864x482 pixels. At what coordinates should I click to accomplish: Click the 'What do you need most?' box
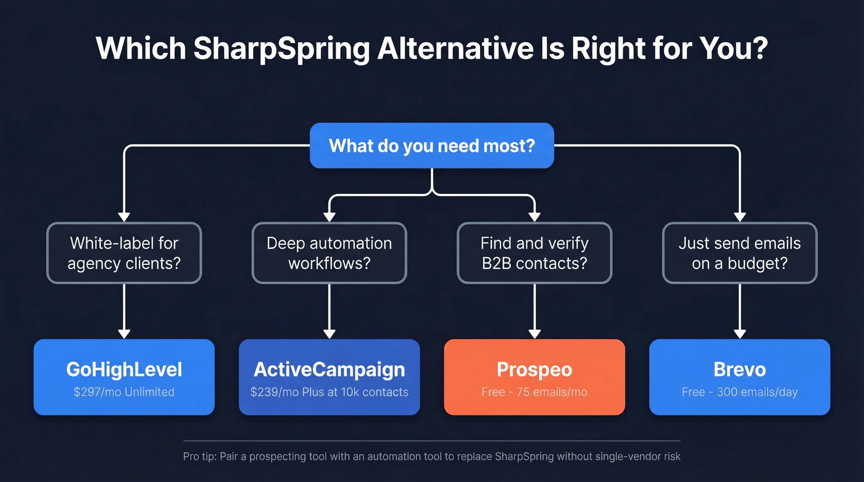(x=431, y=146)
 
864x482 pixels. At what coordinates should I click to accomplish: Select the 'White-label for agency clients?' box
(x=124, y=253)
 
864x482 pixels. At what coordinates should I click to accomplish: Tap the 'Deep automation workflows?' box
(x=329, y=253)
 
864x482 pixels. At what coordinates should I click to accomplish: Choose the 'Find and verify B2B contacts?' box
(x=534, y=253)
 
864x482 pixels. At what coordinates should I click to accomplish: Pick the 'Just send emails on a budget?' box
(x=739, y=253)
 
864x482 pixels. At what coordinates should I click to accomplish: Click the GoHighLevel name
(x=124, y=370)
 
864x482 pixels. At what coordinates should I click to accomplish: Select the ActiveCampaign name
(x=329, y=370)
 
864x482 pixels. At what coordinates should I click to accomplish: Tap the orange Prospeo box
(x=534, y=376)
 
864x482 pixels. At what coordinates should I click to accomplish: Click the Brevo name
(x=739, y=370)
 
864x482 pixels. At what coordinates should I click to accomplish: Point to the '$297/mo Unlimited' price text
(x=124, y=392)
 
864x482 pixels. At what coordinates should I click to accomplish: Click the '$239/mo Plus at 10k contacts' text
(x=329, y=392)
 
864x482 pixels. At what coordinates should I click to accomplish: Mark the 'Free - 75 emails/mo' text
(x=534, y=392)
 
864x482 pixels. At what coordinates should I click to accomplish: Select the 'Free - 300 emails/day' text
(x=739, y=392)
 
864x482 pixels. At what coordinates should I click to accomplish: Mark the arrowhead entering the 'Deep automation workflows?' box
(x=329, y=216)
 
